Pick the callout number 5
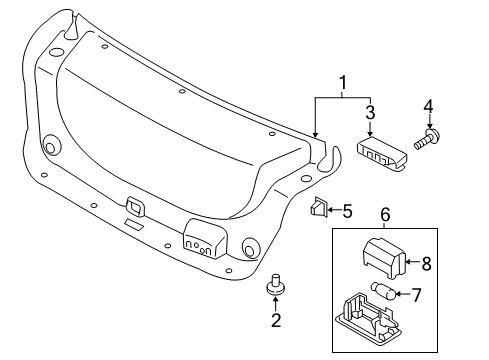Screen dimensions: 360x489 (347, 210)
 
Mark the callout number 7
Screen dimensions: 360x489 (420, 294)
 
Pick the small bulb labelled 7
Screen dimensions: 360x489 (384, 292)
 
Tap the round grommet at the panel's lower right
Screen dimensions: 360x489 (250, 245)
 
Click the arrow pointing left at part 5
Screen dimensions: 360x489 (334, 210)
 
